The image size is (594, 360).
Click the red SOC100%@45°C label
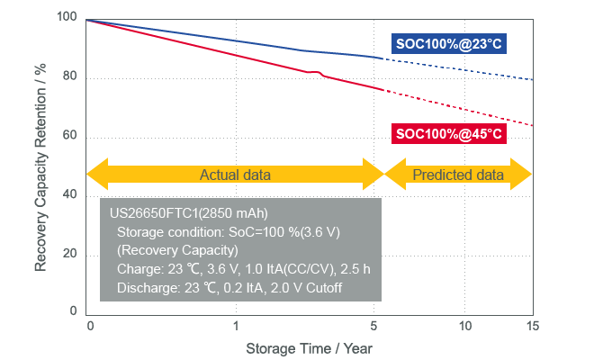click(447, 134)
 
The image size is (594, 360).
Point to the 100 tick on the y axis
click(67, 19)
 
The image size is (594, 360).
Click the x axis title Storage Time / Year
click(310, 347)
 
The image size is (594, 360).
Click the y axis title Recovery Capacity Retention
click(40, 166)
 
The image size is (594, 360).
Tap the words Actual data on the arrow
click(235, 175)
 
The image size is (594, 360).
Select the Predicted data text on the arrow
click(457, 175)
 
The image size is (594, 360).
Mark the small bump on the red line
click(318, 72)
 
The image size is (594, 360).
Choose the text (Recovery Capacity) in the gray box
click(177, 249)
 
